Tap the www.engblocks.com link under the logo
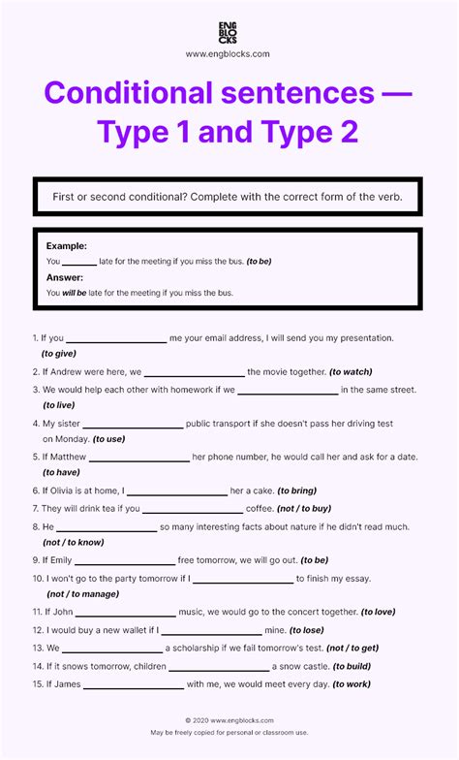[x=229, y=54]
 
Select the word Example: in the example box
[x=67, y=246]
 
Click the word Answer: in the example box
[x=66, y=277]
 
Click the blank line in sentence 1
[x=116, y=341]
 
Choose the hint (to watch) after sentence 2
[x=351, y=371]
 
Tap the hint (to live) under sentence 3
[x=58, y=405]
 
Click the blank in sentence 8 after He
[x=107, y=529]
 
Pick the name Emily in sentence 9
[x=57, y=560]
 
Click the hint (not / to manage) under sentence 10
[x=81, y=595]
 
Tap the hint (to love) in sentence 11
[x=379, y=612]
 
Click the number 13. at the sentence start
[x=38, y=648]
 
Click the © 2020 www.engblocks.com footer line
[x=229, y=720]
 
